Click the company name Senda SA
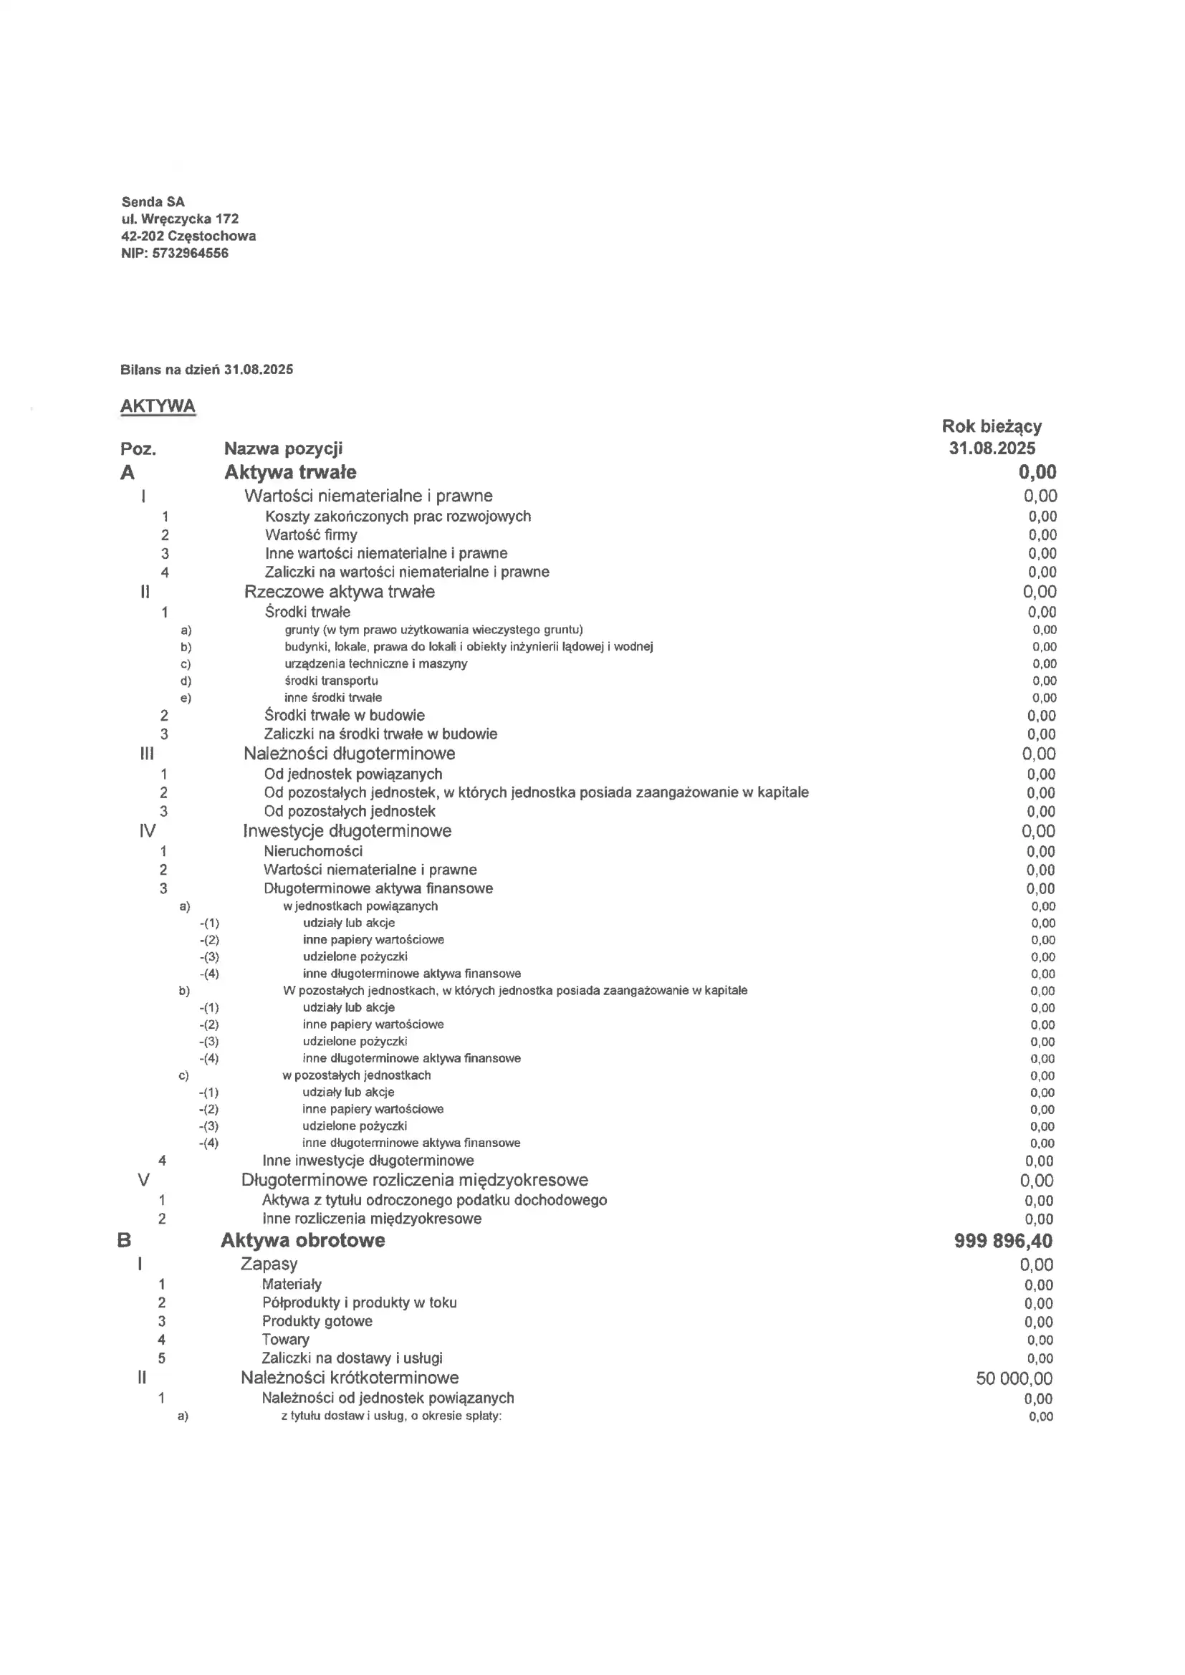[x=153, y=202]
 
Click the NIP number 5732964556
[x=191, y=253]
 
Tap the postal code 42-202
[x=143, y=236]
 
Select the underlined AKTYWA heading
[x=158, y=406]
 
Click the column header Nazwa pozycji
[x=283, y=448]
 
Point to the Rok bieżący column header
[x=992, y=427]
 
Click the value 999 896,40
[x=1002, y=1241]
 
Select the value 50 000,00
[x=1014, y=1378]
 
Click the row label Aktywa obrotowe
[x=303, y=1241]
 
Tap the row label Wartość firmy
[x=311, y=534]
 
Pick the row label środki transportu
[x=331, y=681]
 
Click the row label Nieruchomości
[x=313, y=851]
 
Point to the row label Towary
[x=285, y=1340]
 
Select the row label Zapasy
[x=269, y=1264]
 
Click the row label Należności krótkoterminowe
[x=350, y=1378]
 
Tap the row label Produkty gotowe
[x=317, y=1321]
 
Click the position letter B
[x=124, y=1241]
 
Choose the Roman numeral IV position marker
[x=148, y=831]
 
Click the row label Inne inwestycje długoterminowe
[x=368, y=1161]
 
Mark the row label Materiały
[x=291, y=1284]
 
